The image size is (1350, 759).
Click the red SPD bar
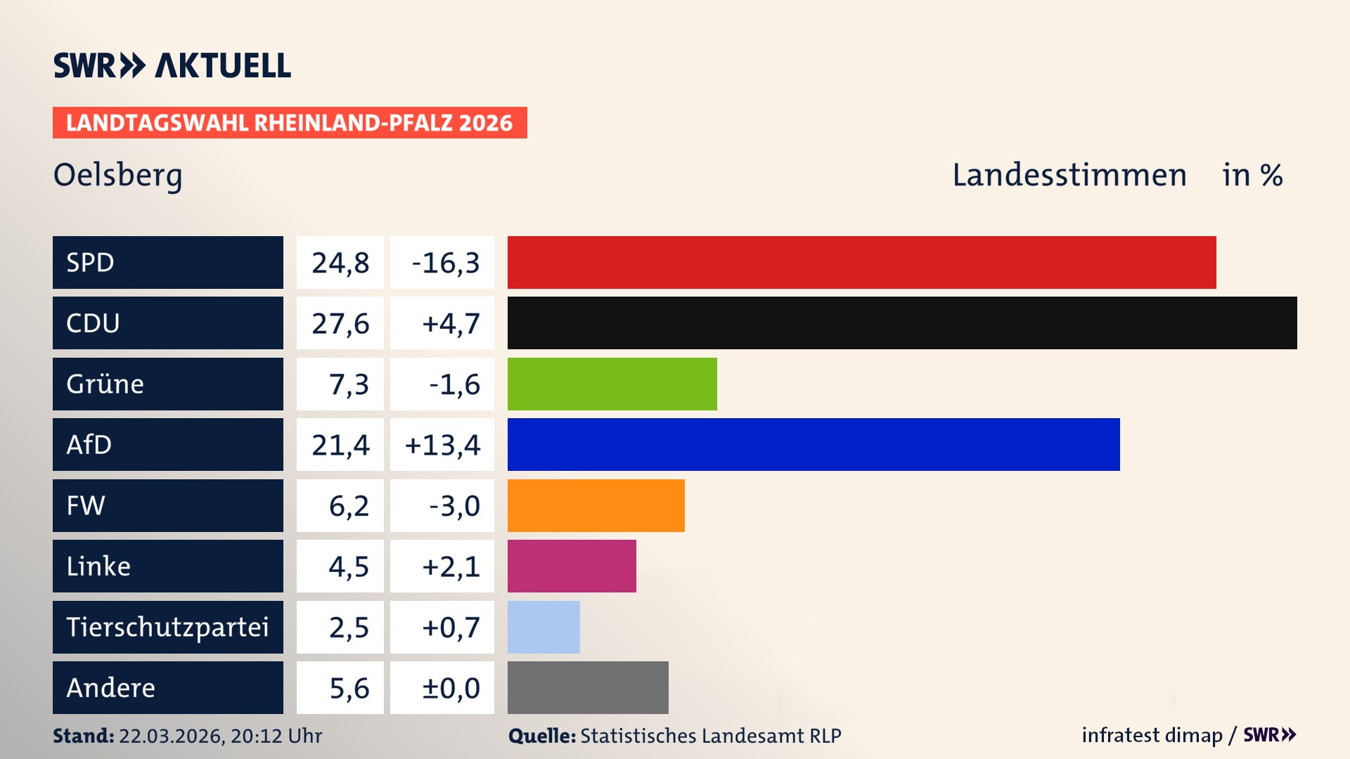861,262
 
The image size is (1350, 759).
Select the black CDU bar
902,323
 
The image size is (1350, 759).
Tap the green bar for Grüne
612,384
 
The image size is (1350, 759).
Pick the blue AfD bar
814,444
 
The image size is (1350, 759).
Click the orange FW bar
596,505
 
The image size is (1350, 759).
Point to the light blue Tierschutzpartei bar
544,627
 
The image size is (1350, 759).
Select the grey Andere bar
588,687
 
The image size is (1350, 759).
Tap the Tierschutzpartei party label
167,627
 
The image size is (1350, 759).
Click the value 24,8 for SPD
340,263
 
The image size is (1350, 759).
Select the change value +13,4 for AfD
442,445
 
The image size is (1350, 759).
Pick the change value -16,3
445,263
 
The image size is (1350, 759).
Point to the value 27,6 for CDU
340,323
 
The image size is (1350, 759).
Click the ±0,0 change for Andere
450,688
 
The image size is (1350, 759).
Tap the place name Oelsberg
117,176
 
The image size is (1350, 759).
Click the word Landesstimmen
1069,175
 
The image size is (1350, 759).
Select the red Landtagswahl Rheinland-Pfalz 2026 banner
290,123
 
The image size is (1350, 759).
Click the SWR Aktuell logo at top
172,65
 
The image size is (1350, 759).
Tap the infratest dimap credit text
1151,735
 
